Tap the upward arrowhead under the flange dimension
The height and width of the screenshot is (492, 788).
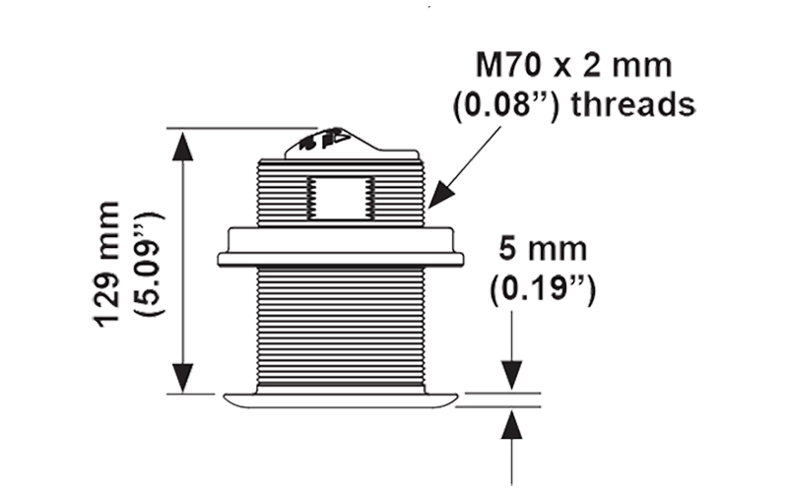click(x=512, y=421)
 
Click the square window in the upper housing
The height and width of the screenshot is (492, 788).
click(x=337, y=200)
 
